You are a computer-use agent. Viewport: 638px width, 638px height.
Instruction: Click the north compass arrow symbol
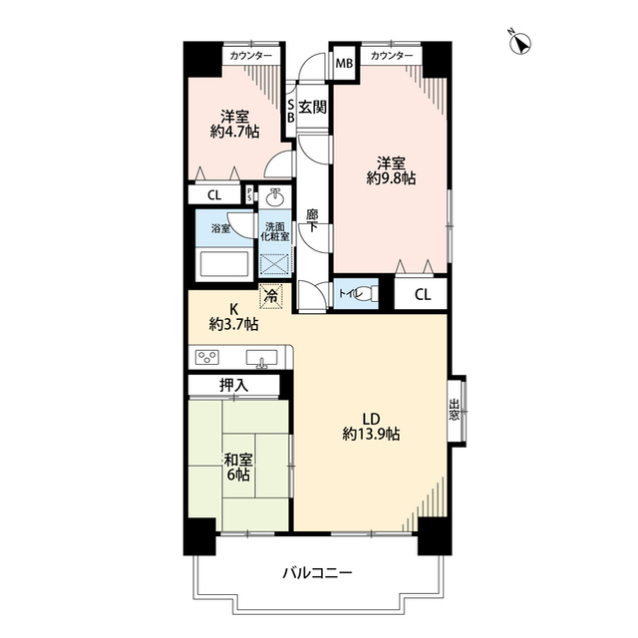click(520, 43)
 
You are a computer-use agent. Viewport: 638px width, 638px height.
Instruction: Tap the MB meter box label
click(344, 64)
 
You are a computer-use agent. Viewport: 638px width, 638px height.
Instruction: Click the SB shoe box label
click(290, 112)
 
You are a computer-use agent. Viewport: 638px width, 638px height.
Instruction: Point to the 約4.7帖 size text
click(235, 132)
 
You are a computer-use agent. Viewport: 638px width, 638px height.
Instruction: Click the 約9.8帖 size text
click(391, 178)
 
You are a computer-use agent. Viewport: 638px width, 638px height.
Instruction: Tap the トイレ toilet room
click(356, 293)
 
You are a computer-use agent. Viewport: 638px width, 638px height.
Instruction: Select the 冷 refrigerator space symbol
click(271, 296)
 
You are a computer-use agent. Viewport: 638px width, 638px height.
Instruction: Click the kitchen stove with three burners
click(207, 357)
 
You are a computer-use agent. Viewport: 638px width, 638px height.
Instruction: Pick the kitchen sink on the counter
click(261, 358)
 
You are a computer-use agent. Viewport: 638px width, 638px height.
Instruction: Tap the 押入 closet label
click(233, 385)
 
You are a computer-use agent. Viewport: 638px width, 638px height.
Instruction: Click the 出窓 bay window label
click(454, 410)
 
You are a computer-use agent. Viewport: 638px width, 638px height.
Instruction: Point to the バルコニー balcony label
click(317, 574)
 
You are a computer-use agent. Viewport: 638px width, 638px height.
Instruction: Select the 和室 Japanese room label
click(238, 460)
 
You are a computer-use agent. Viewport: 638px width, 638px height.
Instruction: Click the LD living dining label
click(371, 419)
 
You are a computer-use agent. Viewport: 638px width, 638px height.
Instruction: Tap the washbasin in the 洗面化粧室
click(275, 197)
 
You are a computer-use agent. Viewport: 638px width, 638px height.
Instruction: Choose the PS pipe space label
click(250, 195)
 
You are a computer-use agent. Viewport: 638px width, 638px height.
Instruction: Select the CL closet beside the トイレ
click(422, 294)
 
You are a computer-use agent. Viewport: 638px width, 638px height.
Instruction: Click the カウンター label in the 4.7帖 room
click(250, 56)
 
